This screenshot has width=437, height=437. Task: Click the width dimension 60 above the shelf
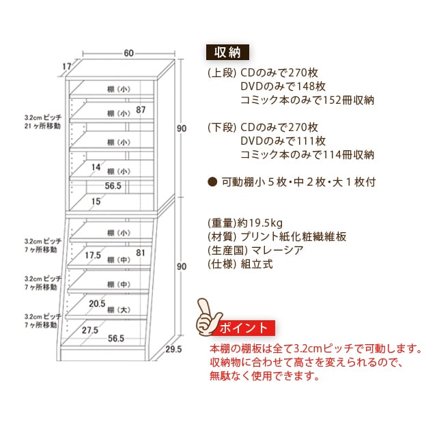[x=129, y=53]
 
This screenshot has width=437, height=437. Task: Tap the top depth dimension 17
[x=67, y=67]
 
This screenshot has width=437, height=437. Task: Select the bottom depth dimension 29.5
[x=173, y=349]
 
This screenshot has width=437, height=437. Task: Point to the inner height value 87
[x=141, y=110]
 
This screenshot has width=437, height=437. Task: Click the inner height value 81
[x=141, y=253]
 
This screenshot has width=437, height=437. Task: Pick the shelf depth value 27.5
[x=90, y=330]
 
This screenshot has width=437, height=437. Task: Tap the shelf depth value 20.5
[x=97, y=303]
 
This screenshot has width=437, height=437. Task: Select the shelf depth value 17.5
[x=93, y=255]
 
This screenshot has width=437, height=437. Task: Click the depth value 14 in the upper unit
[x=96, y=167]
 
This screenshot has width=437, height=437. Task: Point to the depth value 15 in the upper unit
[x=96, y=201]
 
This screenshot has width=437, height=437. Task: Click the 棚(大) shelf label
[x=119, y=310]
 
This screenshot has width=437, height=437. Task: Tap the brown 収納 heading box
[x=227, y=52]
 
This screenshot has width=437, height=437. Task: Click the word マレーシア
[x=277, y=250]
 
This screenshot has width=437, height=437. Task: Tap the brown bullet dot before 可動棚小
[x=212, y=182]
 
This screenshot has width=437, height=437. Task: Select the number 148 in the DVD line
[x=304, y=87]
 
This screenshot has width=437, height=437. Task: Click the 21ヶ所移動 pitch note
[x=42, y=126]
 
